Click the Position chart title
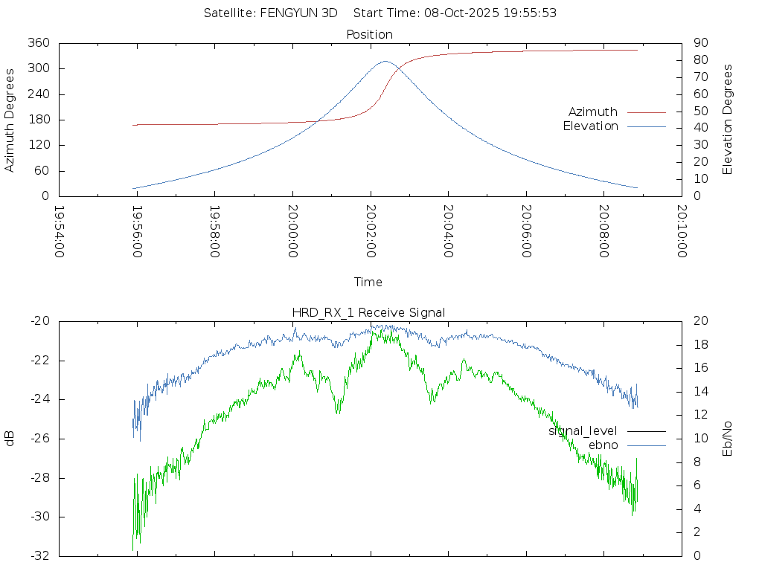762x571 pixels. tap(370, 34)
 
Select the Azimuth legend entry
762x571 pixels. tap(593, 112)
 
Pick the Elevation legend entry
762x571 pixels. tap(591, 126)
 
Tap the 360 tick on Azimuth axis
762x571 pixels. tap(39, 43)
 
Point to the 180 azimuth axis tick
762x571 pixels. tap(39, 120)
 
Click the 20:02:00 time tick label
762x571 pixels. tap(371, 232)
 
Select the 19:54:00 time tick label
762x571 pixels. tap(60, 232)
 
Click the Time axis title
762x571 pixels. tap(368, 282)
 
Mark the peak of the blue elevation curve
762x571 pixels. tap(385, 62)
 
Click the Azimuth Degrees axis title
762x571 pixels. tap(10, 120)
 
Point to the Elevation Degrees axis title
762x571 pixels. tap(728, 120)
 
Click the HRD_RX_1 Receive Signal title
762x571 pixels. tap(368, 312)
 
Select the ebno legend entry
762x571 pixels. tap(603, 445)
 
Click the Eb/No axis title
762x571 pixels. tap(728, 439)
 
